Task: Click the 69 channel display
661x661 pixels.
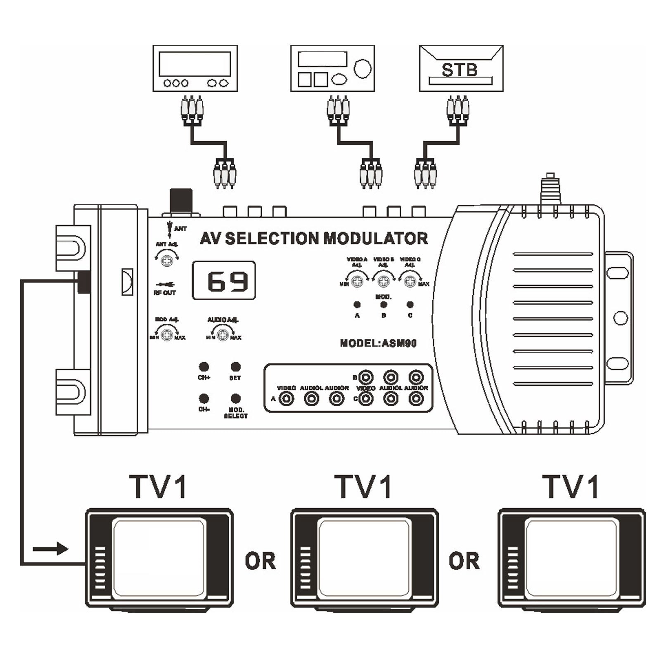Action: (x=224, y=281)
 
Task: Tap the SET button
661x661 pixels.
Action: (x=235, y=367)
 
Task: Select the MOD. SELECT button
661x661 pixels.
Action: (x=235, y=398)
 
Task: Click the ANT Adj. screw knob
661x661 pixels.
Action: (x=167, y=261)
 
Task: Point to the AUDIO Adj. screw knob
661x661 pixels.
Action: (x=223, y=334)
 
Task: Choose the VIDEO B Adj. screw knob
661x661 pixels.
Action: (x=384, y=281)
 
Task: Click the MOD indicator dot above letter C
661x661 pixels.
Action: (x=410, y=305)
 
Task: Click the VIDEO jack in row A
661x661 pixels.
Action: (x=287, y=399)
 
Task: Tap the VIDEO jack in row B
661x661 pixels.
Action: (x=365, y=377)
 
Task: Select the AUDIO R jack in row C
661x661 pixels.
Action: (x=416, y=399)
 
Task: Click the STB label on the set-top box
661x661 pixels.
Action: (x=460, y=70)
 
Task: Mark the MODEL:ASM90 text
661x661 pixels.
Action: (x=378, y=343)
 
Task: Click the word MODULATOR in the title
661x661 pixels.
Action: (x=375, y=239)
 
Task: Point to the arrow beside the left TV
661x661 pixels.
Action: (x=50, y=549)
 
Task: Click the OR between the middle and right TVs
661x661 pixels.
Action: (x=464, y=561)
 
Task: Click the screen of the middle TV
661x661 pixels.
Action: (x=365, y=557)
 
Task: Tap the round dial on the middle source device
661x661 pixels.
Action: (x=362, y=68)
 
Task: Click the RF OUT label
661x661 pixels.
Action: (x=165, y=293)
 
